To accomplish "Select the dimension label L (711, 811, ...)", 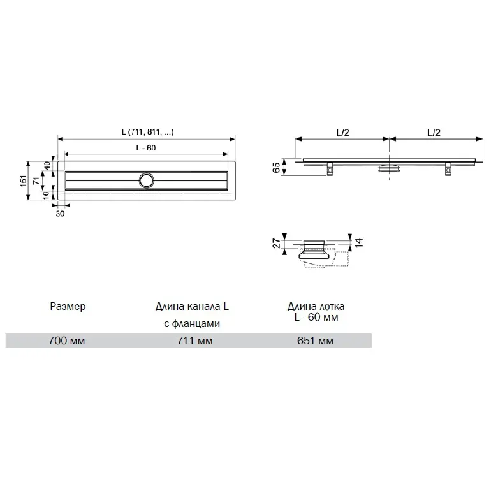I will [x=147, y=133].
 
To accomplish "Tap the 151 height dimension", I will [x=24, y=180].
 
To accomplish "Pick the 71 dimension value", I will [x=47, y=181].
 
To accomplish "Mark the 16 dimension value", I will [x=47, y=196].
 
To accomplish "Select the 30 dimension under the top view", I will [x=60, y=214].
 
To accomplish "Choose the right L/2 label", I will [x=434, y=133].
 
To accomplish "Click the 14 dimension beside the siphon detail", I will [x=359, y=242].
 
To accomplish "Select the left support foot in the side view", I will [x=330, y=169].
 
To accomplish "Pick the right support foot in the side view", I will [x=448, y=169].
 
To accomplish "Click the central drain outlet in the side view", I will [x=388, y=169].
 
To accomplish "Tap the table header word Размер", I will [x=67, y=307].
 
